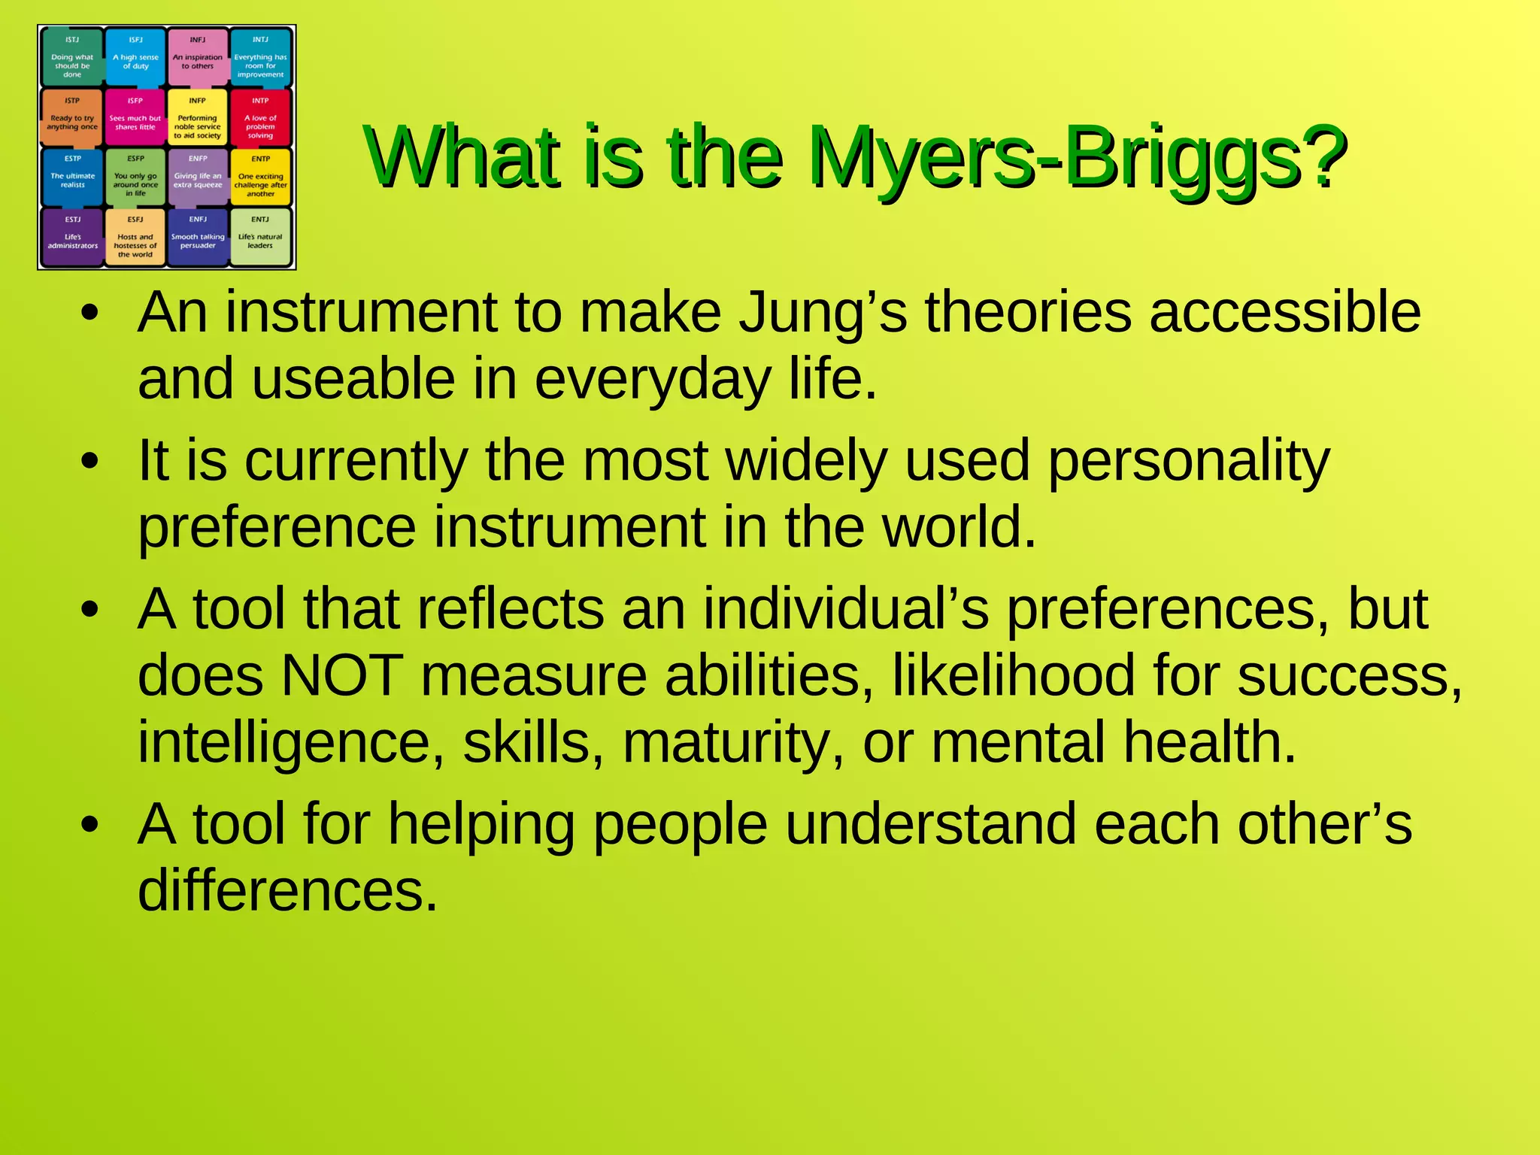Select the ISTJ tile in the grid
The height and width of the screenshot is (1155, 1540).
click(72, 56)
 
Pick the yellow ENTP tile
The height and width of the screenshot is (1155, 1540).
click(260, 177)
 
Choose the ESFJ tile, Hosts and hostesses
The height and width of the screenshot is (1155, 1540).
click(135, 238)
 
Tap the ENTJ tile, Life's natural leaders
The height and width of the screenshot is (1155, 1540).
click(260, 238)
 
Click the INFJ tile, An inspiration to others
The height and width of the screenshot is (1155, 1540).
click(198, 56)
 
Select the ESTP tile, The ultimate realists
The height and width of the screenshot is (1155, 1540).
click(72, 177)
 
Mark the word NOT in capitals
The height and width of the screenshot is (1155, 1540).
click(341, 675)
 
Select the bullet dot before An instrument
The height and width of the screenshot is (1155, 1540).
click(90, 314)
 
